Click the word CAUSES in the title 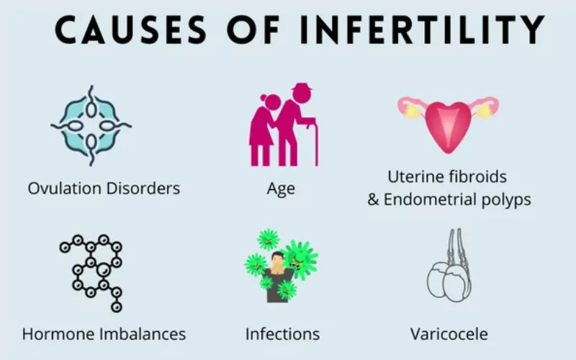click(x=131, y=30)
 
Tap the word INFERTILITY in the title click(x=422, y=30)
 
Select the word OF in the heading click(x=253, y=30)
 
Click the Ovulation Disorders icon click(x=91, y=125)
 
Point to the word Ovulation click(x=65, y=189)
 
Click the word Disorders click(x=143, y=189)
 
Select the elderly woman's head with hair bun click(x=271, y=102)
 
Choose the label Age click(x=281, y=189)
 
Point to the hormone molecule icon click(x=91, y=274)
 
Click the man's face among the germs click(x=277, y=258)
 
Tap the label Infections click(x=282, y=334)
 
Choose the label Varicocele click(x=449, y=334)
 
